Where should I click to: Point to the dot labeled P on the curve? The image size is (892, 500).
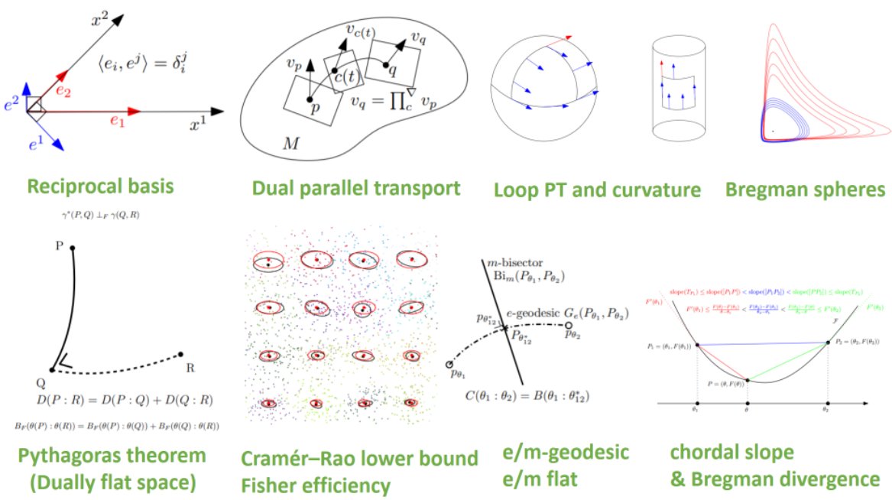point(73,248)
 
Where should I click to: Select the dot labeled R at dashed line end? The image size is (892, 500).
point(180,354)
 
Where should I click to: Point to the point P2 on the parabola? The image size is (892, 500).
point(829,342)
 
